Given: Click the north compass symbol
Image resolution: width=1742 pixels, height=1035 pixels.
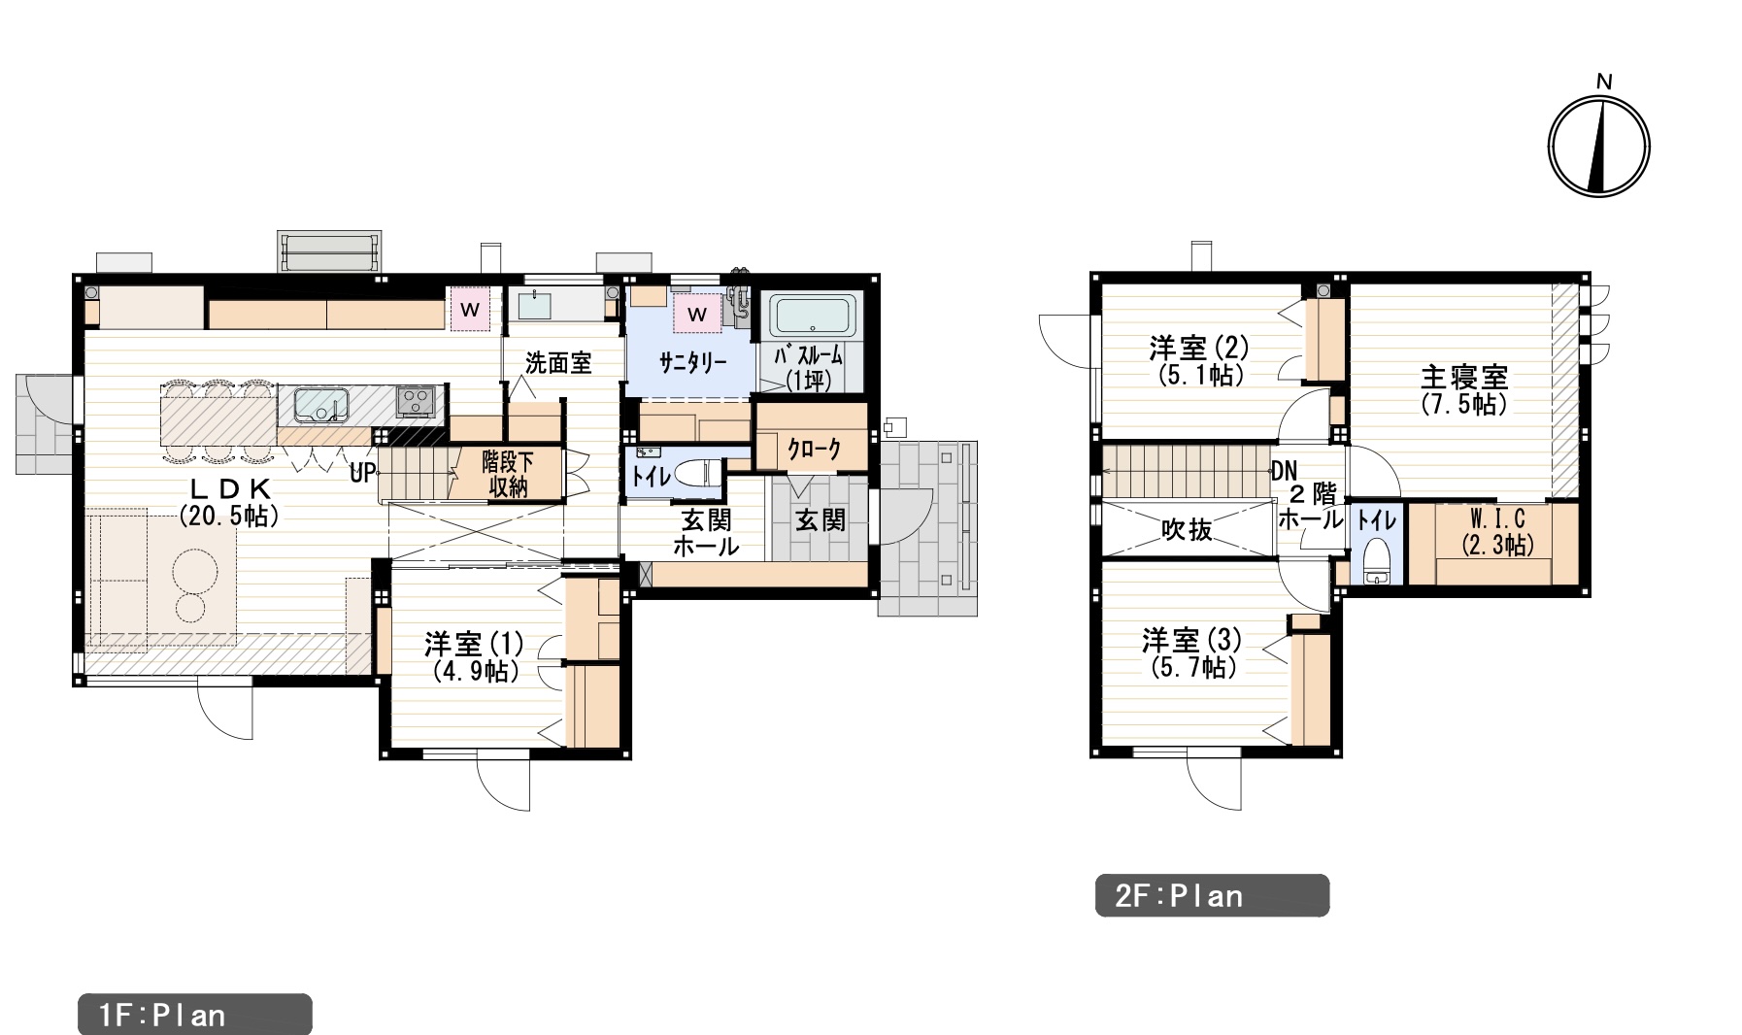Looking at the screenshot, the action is pyautogui.click(x=1598, y=144).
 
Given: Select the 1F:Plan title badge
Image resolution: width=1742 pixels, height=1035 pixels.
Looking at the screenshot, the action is pyautogui.click(x=194, y=1015).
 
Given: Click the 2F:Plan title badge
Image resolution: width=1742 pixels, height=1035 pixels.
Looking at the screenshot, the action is pyautogui.click(x=1212, y=895).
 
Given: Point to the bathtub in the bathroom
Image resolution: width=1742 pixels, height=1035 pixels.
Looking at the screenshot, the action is pyautogui.click(x=814, y=317).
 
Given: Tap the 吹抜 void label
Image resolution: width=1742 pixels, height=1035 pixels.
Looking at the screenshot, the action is pyautogui.click(x=1187, y=530).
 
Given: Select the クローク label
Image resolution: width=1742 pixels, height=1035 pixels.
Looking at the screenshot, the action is pyautogui.click(x=814, y=450).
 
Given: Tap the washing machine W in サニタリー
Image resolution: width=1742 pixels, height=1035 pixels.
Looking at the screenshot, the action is pyautogui.click(x=697, y=315).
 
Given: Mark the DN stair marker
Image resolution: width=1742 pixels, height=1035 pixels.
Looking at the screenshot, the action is pyautogui.click(x=1284, y=473).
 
